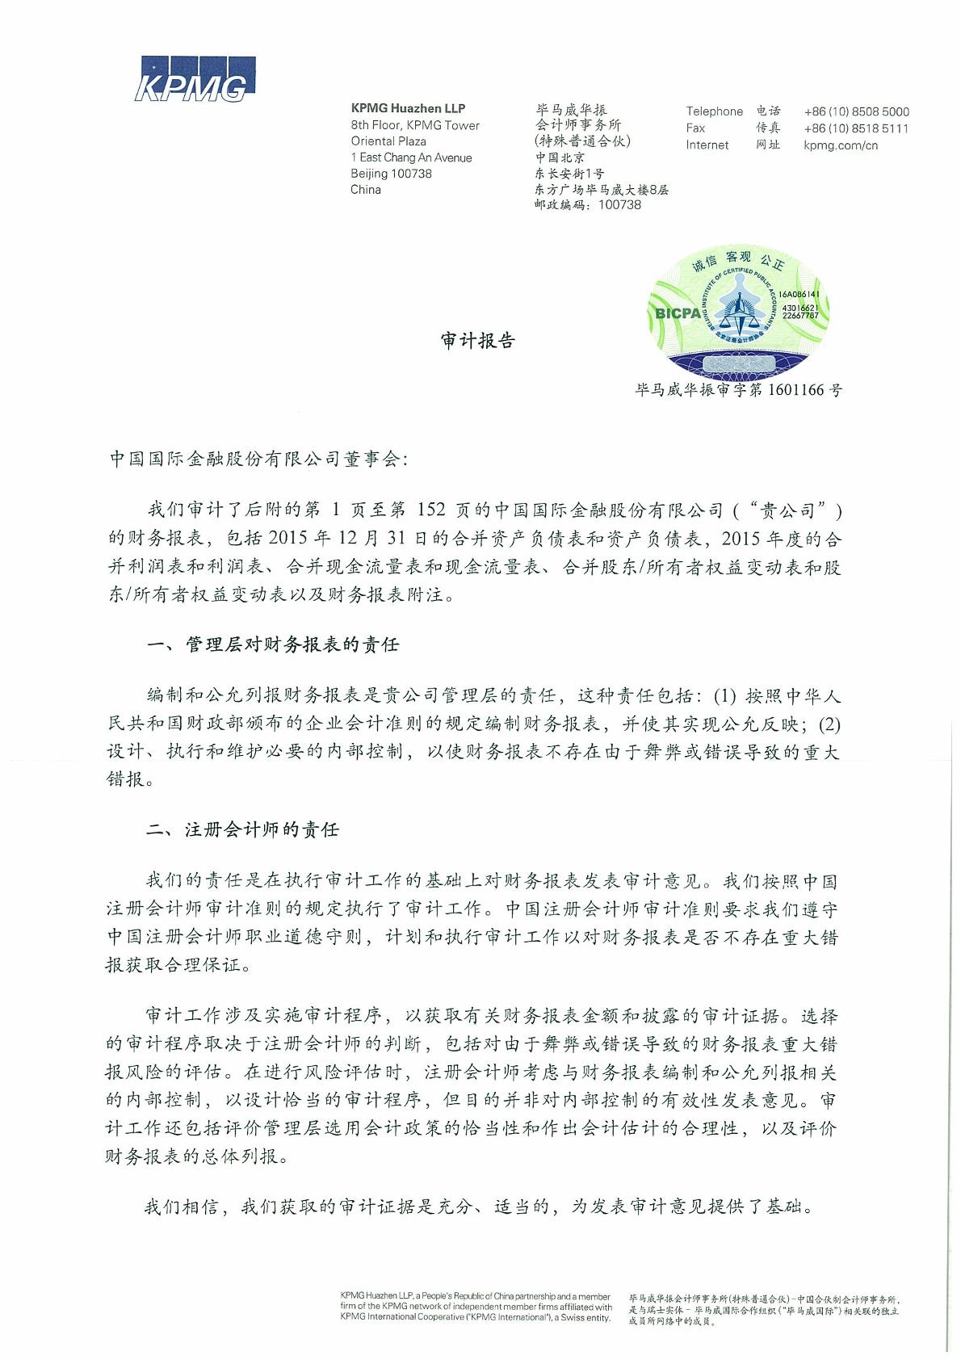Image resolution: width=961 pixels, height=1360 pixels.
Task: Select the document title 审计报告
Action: point(478,341)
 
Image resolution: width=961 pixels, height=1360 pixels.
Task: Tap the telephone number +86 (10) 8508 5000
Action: point(856,111)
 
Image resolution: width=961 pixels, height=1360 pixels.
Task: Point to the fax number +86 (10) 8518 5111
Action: point(856,128)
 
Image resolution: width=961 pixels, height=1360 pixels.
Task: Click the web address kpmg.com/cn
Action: point(840,145)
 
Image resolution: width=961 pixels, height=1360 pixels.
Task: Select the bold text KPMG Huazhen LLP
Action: point(408,108)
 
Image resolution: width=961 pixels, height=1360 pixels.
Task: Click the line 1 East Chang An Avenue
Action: point(411,157)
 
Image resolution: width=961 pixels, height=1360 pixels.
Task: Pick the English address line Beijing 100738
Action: point(391,174)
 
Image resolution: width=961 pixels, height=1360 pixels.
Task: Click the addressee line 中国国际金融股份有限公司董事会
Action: point(259,460)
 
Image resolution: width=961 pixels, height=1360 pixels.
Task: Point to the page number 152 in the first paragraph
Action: point(431,510)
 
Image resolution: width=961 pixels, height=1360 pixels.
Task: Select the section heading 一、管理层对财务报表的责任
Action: point(273,644)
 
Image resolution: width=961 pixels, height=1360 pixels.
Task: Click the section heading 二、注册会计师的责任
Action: point(242,829)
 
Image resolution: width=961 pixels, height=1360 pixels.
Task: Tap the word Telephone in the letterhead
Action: point(714,111)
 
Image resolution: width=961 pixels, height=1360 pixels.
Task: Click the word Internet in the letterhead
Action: point(707,145)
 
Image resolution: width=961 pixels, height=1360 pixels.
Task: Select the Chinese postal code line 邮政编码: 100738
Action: point(587,205)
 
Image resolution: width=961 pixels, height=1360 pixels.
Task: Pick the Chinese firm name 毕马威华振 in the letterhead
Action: point(571,109)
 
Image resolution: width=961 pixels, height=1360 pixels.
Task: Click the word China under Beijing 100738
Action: point(365,190)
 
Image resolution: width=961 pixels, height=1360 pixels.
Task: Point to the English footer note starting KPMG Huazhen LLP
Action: point(476,1306)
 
